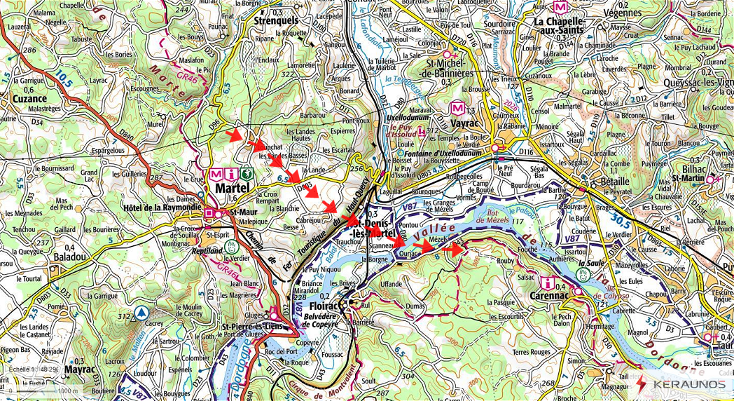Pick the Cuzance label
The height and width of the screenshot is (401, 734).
pyautogui.click(x=29, y=99)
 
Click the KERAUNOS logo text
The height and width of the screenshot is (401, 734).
pyautogui.click(x=688, y=384)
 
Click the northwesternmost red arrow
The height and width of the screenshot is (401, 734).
pyautogui.click(x=239, y=133)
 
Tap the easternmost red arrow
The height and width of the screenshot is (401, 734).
pyautogui.click(x=455, y=247)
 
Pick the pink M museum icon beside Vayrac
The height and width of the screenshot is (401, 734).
pyautogui.click(x=458, y=108)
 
